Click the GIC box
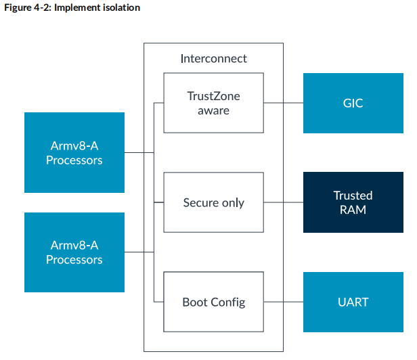(x=353, y=104)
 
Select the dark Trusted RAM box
(x=353, y=202)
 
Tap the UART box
(x=353, y=302)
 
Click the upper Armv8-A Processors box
(x=74, y=153)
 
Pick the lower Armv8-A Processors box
(x=74, y=252)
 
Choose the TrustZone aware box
(x=213, y=104)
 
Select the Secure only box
(x=213, y=202)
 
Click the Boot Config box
(x=213, y=302)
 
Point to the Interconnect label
(x=213, y=58)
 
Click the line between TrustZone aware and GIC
(x=283, y=104)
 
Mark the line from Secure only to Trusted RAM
(x=283, y=202)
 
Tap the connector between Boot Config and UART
(x=283, y=302)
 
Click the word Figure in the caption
(x=18, y=8)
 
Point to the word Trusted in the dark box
(x=353, y=196)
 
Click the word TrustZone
(x=213, y=96)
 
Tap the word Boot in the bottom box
(x=196, y=302)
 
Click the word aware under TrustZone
(x=213, y=110)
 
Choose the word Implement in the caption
(x=82, y=8)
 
